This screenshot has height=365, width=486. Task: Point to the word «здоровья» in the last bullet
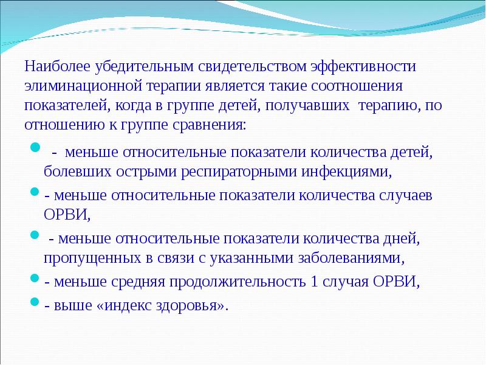pyautogui.click(x=193, y=305)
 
